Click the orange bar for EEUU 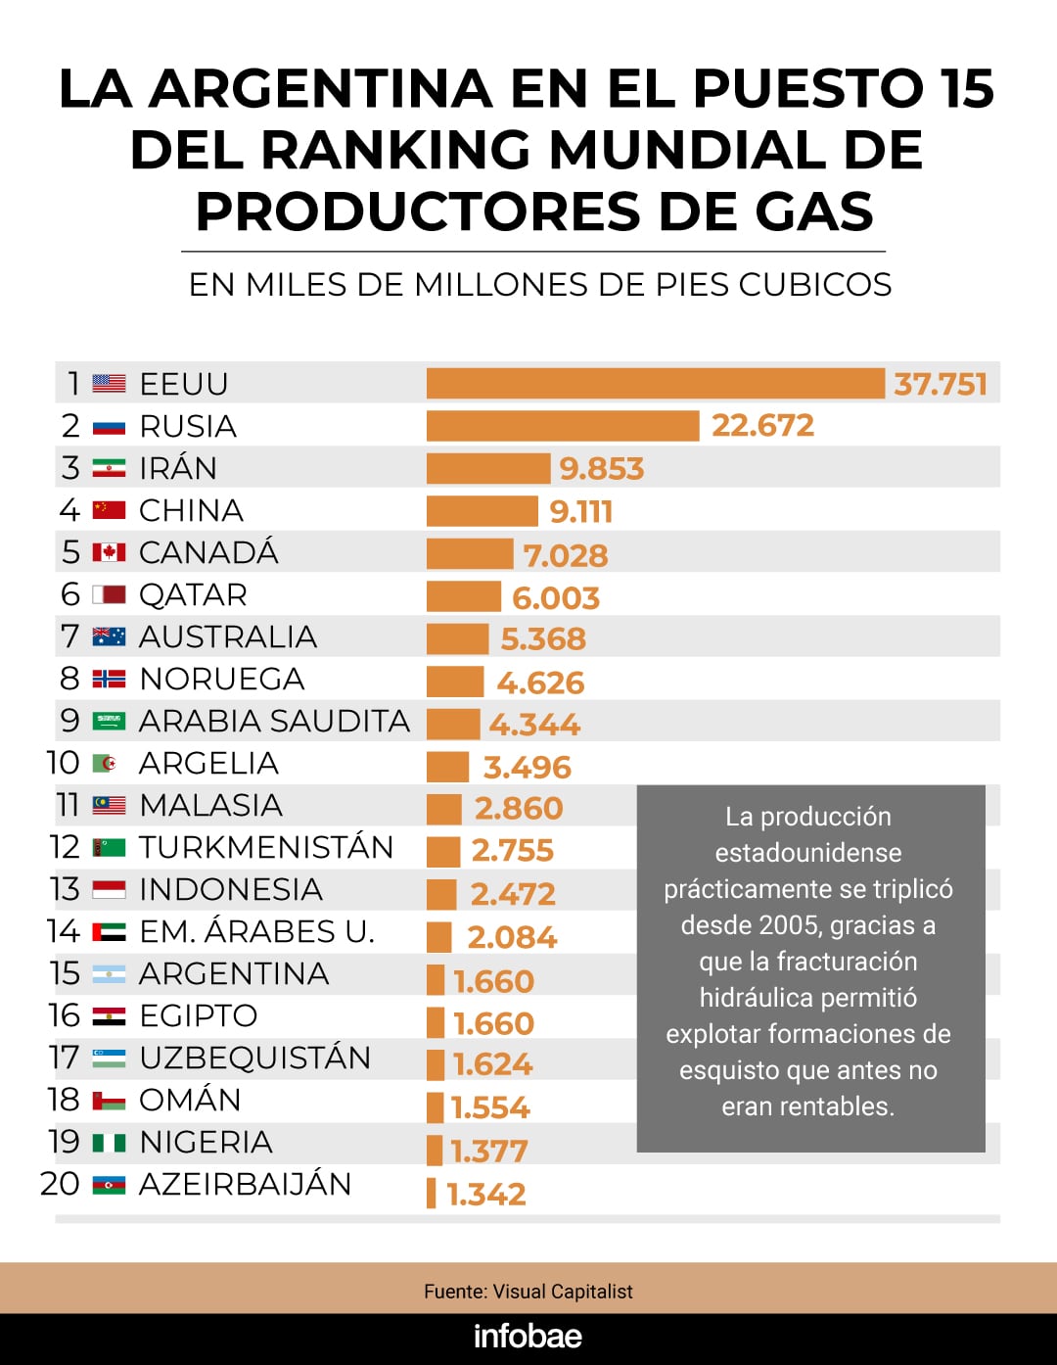click(x=655, y=383)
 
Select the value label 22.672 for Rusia click(x=762, y=425)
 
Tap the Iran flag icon click(x=109, y=468)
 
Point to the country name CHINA click(x=191, y=510)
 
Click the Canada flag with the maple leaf click(x=109, y=552)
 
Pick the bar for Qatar click(x=463, y=595)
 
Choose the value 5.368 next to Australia click(x=543, y=638)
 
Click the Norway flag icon click(x=109, y=679)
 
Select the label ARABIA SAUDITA click(x=274, y=721)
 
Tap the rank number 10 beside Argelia click(x=64, y=763)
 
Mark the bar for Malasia click(x=443, y=809)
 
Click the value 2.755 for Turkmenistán click(x=512, y=850)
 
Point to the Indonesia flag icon click(x=109, y=889)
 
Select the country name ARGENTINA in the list click(x=234, y=973)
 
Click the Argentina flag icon click(x=109, y=974)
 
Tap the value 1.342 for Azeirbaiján click(x=486, y=1194)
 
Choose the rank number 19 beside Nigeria click(x=64, y=1142)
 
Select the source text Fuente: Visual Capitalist click(x=528, y=1292)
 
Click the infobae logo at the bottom click(x=528, y=1336)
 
